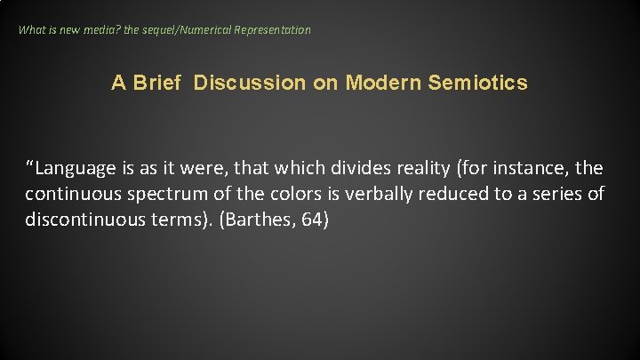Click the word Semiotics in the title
[477, 83]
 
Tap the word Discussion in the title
[249, 83]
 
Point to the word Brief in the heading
[155, 83]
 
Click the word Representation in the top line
[272, 29]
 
